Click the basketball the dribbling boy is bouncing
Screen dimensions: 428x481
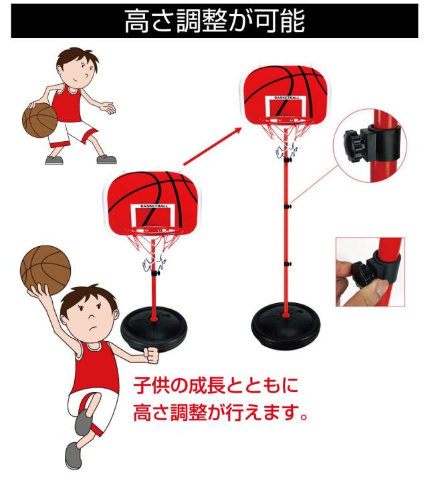(40, 120)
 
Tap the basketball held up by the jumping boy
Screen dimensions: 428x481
(45, 270)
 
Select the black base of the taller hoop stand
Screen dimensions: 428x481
(286, 326)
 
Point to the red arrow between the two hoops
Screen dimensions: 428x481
(213, 147)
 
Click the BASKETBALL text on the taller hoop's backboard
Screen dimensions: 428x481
(287, 98)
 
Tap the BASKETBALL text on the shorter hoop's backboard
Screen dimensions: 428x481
(154, 206)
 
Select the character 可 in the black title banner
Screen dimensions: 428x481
(266, 21)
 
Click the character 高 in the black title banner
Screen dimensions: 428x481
(137, 21)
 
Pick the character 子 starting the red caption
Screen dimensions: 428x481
(143, 385)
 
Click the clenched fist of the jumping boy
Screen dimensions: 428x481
(152, 355)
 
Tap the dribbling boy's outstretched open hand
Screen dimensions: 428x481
(108, 107)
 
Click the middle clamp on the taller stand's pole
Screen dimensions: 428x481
(287, 207)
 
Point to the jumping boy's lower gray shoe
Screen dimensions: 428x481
(73, 455)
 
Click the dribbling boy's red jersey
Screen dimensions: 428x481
(67, 104)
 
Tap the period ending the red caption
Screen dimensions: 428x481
(303, 417)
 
